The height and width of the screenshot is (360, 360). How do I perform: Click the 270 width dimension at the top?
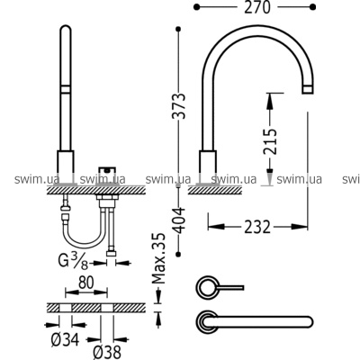pyautogui.click(x=257, y=7)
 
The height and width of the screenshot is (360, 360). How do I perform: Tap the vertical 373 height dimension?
pyautogui.click(x=180, y=106)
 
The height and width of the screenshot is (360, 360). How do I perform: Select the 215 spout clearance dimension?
pyautogui.click(x=269, y=141)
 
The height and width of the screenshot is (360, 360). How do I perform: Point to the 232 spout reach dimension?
pyautogui.click(x=257, y=227)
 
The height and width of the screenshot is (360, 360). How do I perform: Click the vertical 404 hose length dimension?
pyautogui.click(x=180, y=220)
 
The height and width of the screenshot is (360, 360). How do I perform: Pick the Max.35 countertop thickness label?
pyautogui.click(x=158, y=258)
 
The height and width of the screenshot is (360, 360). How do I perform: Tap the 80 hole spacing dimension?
pyautogui.click(x=86, y=283)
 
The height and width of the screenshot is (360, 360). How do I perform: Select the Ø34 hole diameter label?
pyautogui.click(x=65, y=339)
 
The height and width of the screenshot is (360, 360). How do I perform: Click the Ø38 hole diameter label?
pyautogui.click(x=107, y=352)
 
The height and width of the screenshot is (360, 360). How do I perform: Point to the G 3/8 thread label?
pyautogui.click(x=74, y=261)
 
